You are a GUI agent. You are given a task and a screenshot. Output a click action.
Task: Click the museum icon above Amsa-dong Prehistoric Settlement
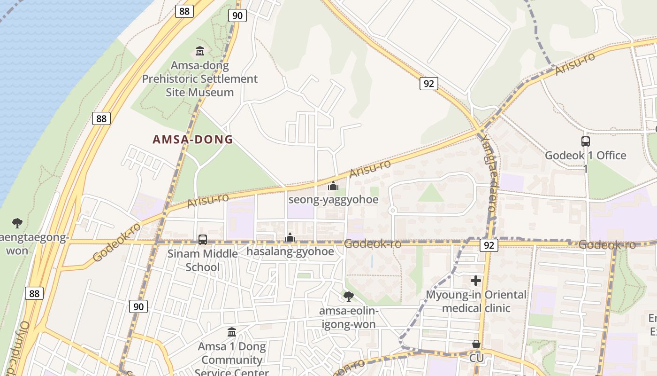(199, 51)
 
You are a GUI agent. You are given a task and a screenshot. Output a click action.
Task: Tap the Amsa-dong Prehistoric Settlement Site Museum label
(200, 79)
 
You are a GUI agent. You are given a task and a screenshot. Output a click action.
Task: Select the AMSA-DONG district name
(193, 140)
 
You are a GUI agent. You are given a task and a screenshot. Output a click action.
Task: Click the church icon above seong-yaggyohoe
(333, 186)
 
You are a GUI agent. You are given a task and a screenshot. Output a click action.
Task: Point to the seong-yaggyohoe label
(333, 199)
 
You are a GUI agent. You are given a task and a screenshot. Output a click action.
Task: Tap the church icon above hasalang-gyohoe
(290, 238)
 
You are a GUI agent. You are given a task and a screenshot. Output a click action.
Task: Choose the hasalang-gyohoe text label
(290, 251)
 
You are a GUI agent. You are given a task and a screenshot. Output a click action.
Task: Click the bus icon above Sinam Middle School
(203, 240)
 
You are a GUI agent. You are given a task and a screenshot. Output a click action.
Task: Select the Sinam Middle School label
(203, 260)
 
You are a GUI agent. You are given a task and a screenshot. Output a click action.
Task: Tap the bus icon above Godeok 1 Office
(585, 141)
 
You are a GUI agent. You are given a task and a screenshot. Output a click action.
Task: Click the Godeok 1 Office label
(585, 156)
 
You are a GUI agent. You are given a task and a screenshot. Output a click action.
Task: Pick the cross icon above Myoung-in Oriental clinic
(476, 281)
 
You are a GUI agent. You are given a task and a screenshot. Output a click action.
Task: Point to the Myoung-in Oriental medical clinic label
(476, 301)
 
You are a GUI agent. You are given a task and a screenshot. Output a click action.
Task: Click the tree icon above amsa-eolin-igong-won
(348, 296)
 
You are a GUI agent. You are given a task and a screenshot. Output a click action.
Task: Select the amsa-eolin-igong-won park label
(348, 318)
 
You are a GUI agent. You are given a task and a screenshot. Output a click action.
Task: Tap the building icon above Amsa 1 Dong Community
(231, 332)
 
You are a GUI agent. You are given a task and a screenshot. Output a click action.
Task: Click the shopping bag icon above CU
(476, 345)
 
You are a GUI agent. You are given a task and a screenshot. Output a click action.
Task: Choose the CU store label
(476, 359)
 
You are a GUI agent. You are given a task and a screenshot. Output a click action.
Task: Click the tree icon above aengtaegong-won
(17, 222)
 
